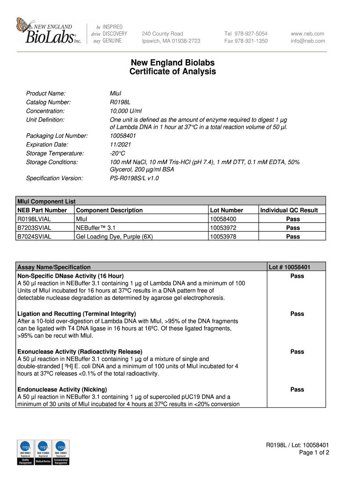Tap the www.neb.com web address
(x=307, y=34)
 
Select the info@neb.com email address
(x=308, y=41)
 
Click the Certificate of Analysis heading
(x=173, y=72)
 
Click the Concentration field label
(x=45, y=111)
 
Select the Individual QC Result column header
(x=289, y=210)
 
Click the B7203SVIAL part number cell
(x=35, y=228)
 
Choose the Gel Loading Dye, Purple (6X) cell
(x=114, y=237)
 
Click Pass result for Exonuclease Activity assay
(x=297, y=352)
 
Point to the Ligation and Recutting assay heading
(x=76, y=314)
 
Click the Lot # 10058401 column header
(x=289, y=267)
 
